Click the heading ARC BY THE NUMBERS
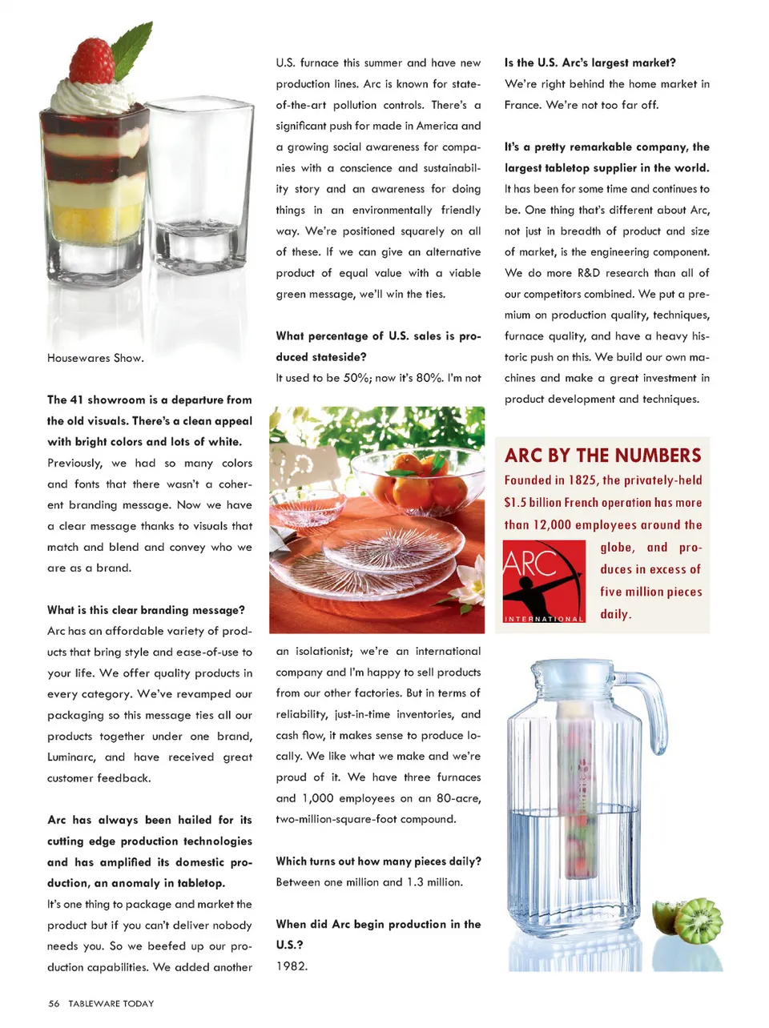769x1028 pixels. pyautogui.click(x=602, y=456)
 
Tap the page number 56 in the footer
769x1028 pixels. pyautogui.click(x=54, y=1003)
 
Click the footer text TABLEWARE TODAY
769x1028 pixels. pyautogui.click(x=111, y=1003)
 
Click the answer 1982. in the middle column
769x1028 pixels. pyautogui.click(x=292, y=966)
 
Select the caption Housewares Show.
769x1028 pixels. pyautogui.click(x=95, y=358)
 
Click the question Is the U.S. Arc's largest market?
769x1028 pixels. pyautogui.click(x=590, y=62)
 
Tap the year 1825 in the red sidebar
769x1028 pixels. pyautogui.click(x=582, y=480)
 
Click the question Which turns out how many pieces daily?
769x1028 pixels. pyautogui.click(x=378, y=861)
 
